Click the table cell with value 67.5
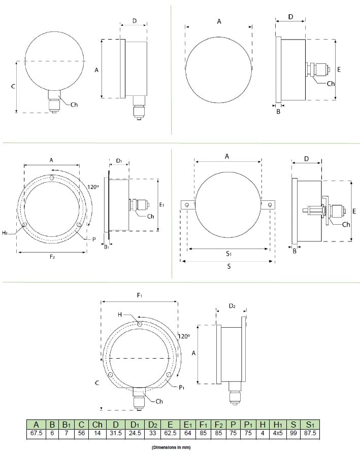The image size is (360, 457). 36,433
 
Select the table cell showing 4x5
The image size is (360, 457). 278,433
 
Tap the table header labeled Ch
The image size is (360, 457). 97,425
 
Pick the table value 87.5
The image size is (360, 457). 310,433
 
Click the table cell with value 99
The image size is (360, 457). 293,433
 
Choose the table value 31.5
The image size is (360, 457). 116,433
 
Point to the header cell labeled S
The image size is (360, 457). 293,425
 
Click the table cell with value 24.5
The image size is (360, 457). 135,433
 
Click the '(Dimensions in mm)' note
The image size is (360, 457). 171,447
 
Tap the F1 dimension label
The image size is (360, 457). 140,296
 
